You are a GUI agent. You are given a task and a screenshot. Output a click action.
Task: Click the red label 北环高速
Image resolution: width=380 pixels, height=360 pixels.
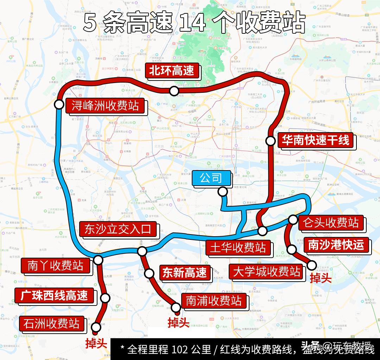coord(172,71)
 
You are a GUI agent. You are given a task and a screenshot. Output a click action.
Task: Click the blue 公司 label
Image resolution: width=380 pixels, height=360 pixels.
coord(211,179)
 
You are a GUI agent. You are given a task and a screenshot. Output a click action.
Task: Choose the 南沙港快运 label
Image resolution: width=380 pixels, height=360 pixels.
coord(336,245)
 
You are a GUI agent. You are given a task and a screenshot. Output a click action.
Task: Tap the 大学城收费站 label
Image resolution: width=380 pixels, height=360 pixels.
coord(267,272)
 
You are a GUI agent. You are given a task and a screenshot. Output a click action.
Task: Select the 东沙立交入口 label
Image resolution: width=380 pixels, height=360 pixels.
coord(118,229)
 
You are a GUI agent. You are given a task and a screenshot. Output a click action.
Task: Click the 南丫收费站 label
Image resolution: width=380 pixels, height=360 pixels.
coord(56,266)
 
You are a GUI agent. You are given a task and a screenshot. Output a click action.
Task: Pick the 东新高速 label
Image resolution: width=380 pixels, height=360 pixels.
coord(184,273)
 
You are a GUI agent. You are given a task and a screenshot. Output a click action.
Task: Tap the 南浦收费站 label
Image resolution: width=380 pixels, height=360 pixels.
coord(214,301)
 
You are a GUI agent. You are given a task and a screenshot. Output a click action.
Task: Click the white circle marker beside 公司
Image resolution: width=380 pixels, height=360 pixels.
coord(222,192)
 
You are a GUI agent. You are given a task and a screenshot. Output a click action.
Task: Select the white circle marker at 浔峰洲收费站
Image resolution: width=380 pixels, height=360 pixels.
coord(59,104)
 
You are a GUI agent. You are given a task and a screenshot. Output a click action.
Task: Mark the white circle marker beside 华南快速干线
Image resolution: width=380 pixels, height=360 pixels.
coord(270,141)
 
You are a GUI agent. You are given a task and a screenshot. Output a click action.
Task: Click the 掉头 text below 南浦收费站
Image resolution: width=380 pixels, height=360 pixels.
coord(178,322)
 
